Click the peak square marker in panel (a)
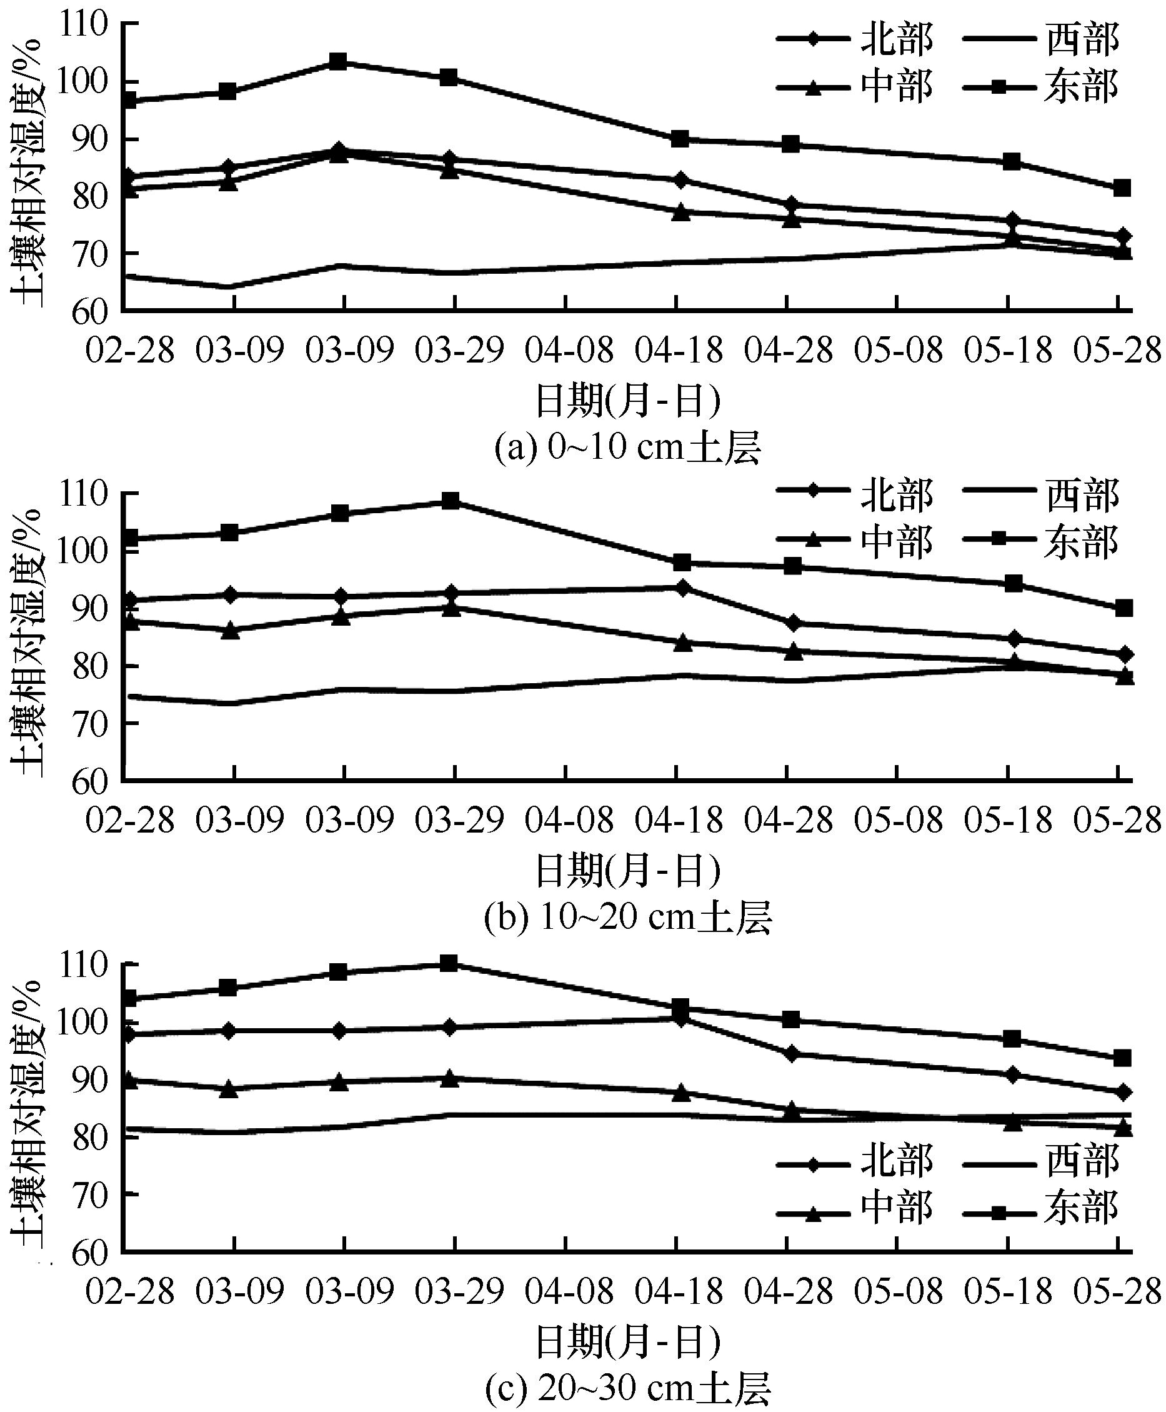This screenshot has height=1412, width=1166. (x=339, y=63)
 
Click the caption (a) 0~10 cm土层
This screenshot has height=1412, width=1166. (x=627, y=449)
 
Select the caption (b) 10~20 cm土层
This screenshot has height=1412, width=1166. (x=627, y=918)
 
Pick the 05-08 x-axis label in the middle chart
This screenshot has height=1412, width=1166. (x=899, y=820)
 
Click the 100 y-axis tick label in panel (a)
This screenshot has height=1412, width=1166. (x=84, y=82)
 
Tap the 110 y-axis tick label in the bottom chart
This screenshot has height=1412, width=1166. (x=84, y=966)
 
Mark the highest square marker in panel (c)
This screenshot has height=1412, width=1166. (x=449, y=964)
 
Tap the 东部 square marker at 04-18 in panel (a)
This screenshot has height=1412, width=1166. (x=680, y=139)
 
